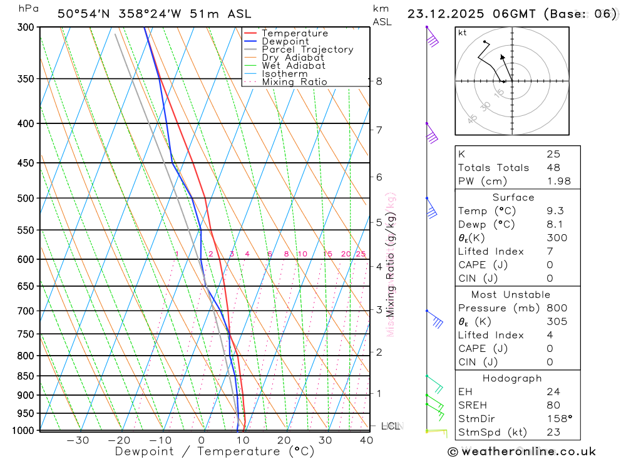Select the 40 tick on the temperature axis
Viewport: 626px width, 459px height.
[366, 440]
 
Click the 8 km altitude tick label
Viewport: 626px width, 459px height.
[379, 81]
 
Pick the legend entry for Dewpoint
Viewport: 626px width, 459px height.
[285, 41]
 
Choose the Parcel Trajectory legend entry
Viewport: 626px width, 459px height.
[307, 49]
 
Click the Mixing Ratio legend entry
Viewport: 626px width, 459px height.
[294, 82]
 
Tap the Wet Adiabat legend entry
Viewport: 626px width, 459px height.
[294, 66]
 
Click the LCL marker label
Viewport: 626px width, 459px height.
[391, 426]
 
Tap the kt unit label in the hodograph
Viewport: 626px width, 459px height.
[463, 33]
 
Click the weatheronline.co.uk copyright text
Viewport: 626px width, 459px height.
[521, 451]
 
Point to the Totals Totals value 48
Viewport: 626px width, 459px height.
[553, 168]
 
